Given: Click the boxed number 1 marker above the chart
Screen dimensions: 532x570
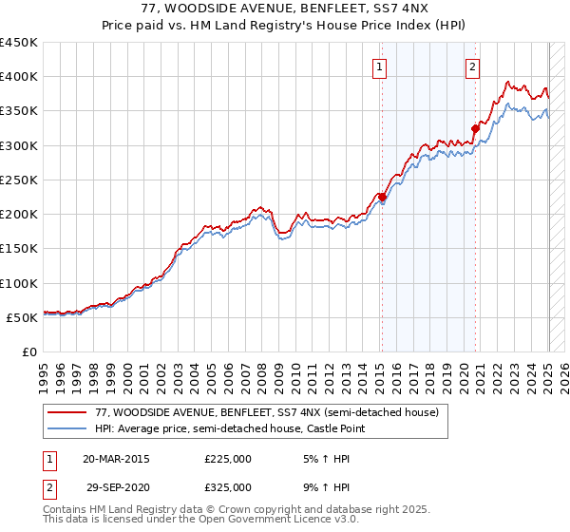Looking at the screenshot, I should coord(380,66).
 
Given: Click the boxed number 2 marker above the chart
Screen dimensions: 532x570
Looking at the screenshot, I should coord(472,66).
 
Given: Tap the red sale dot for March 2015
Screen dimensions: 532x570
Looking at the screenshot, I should coord(382,197).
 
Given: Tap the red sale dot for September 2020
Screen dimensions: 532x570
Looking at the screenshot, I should coord(475,128).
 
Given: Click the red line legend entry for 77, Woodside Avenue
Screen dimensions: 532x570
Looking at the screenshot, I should coord(266,413).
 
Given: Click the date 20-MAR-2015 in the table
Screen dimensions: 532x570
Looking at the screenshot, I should coord(116,459).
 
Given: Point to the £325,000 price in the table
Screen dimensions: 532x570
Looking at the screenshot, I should coord(228,486).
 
